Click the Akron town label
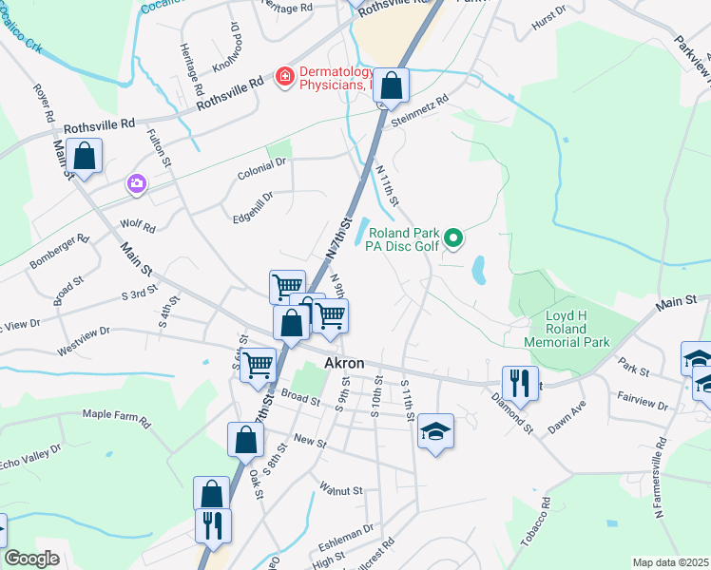(x=346, y=363)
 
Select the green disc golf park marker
(x=454, y=238)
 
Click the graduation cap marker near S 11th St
(x=436, y=431)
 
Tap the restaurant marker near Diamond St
(x=520, y=383)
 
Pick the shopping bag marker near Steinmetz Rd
(x=391, y=85)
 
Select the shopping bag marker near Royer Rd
(x=85, y=157)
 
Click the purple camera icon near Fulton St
(x=137, y=183)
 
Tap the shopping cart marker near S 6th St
(x=258, y=365)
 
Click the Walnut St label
(x=341, y=490)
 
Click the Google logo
(x=32, y=560)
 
